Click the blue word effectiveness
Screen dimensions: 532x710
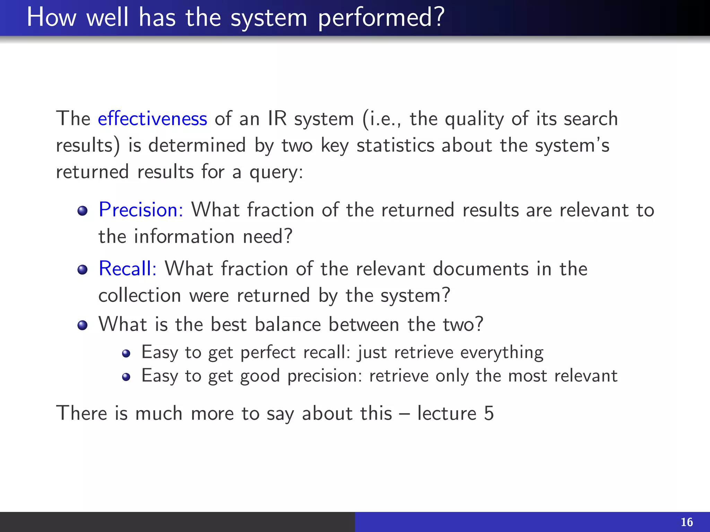pyautogui.click(x=152, y=119)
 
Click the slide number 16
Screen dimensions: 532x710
pyautogui.click(x=686, y=522)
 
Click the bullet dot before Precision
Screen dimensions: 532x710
pyautogui.click(x=83, y=211)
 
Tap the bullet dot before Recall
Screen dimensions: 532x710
pyautogui.click(x=83, y=269)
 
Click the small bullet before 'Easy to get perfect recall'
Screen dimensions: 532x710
pyautogui.click(x=126, y=353)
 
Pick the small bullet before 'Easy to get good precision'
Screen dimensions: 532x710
pyautogui.click(x=126, y=377)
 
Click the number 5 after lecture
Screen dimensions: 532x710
pyautogui.click(x=489, y=413)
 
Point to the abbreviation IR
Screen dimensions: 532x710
pyautogui.click(x=277, y=119)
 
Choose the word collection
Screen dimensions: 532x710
pyautogui.click(x=140, y=296)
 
